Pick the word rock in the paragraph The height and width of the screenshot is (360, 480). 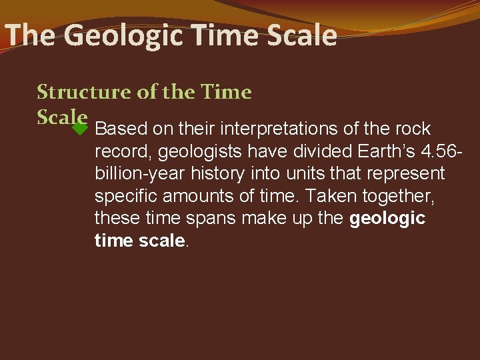click(x=413, y=129)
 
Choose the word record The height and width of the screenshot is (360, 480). click(x=122, y=151)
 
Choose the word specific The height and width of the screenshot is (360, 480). click(x=125, y=196)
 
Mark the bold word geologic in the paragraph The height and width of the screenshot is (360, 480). click(x=387, y=219)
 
